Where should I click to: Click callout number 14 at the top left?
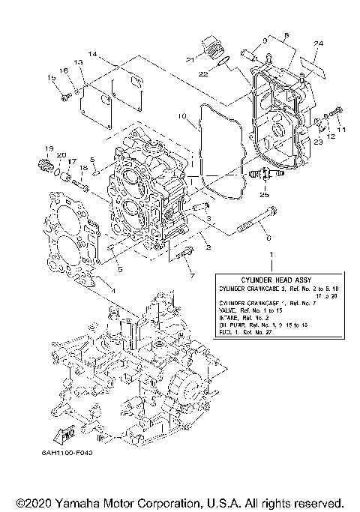click(92, 55)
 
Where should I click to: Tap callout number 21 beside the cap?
click(190, 59)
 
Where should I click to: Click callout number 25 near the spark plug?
click(263, 194)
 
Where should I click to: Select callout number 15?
click(52, 78)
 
